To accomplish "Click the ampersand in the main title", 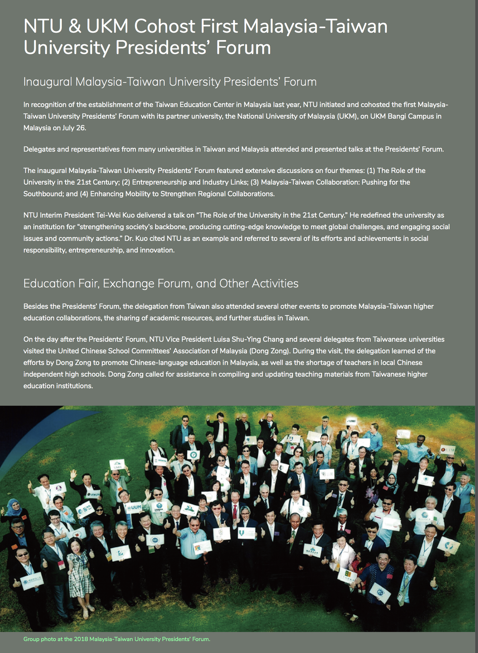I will tap(74, 26).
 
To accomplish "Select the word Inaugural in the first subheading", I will tap(48, 82).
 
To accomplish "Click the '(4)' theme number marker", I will tap(84, 194).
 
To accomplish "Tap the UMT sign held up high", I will tap(117, 466).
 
